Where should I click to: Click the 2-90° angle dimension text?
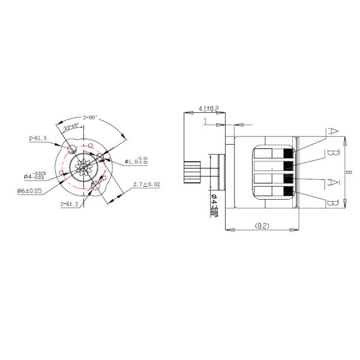(x=92, y=118)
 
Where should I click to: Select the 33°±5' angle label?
(x=73, y=127)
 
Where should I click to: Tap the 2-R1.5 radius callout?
(x=38, y=139)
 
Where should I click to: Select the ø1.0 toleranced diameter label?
(x=137, y=161)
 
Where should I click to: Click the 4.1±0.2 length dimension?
(x=208, y=109)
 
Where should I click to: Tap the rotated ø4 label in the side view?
(x=214, y=202)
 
